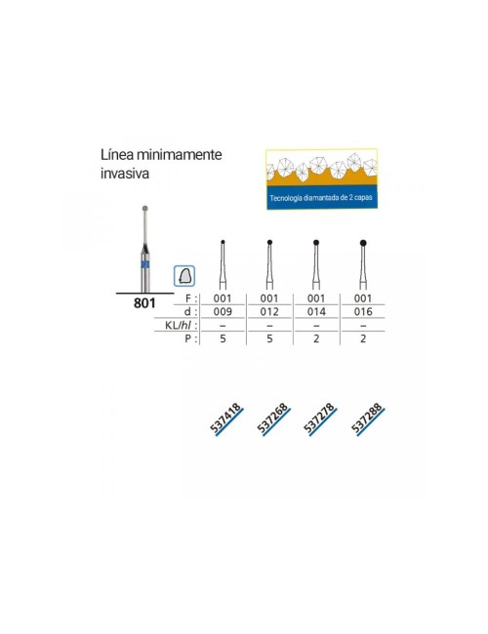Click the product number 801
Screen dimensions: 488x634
pos(144,302)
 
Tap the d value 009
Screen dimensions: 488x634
pos(223,312)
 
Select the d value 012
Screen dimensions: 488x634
pos(269,312)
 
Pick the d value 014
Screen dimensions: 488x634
pos(316,312)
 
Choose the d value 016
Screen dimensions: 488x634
pos(363,312)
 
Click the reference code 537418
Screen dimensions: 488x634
pos(225,418)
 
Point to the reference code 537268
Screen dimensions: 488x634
pos(273,418)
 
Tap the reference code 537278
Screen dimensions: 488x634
pos(320,418)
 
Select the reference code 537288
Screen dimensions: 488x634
pos(367,418)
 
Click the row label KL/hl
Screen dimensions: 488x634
pos(178,325)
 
